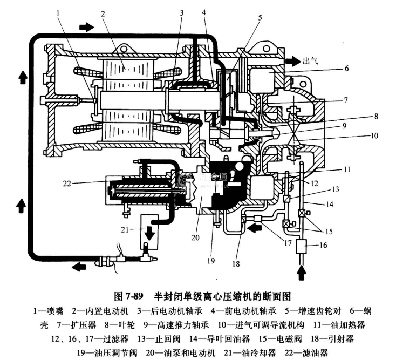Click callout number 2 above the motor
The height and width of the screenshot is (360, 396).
click(x=102, y=13)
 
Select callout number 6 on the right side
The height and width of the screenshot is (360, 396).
click(x=346, y=69)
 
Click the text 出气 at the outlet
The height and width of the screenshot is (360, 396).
click(x=310, y=61)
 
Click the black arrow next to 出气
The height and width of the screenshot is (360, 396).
click(x=293, y=61)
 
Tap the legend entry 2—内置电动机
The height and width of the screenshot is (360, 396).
click(x=98, y=311)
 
